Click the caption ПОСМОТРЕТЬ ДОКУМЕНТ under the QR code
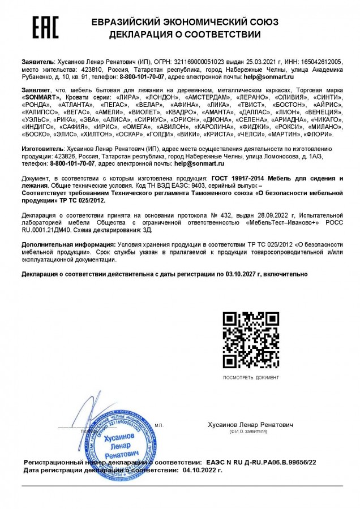[250, 377]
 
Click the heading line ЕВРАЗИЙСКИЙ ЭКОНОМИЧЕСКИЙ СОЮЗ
[185, 23]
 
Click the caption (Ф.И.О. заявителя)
[249, 431]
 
